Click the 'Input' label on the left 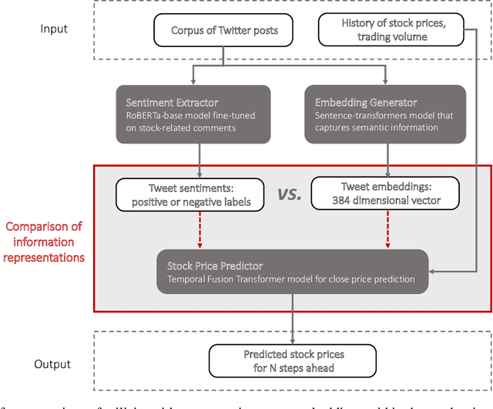tap(54, 29)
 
